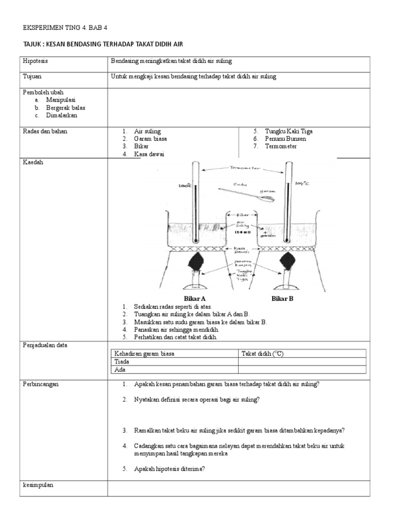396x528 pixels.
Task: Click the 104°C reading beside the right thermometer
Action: click(302, 183)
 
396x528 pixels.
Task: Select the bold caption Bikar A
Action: click(195, 299)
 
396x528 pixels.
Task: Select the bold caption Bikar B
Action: click(283, 299)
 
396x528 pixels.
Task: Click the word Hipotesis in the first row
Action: click(35, 61)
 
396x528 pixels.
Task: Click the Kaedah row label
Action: click(32, 162)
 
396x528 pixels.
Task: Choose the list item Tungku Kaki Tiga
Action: click(289, 131)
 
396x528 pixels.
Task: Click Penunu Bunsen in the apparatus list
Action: click(285, 139)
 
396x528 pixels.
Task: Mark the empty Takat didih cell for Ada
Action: click(302, 370)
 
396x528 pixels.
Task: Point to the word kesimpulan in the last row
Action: click(38, 485)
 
